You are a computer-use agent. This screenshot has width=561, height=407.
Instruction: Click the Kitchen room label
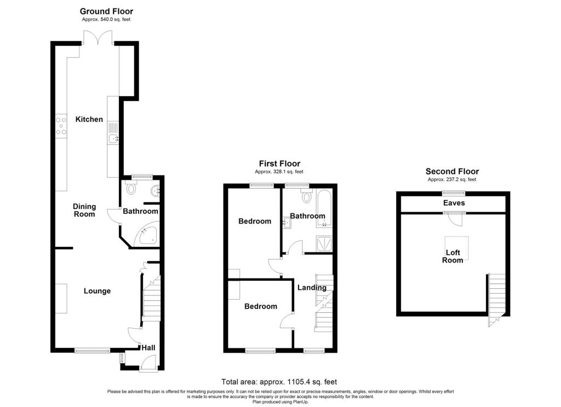coord(89,119)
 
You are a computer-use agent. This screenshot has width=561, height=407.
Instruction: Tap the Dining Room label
coord(84,210)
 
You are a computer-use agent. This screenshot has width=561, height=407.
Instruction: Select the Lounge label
coord(97,291)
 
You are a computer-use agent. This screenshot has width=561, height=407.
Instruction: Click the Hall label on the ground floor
coord(148,348)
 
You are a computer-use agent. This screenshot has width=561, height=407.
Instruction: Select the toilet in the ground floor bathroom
coord(131,188)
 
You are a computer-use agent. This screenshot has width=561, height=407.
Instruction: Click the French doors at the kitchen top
coord(98,38)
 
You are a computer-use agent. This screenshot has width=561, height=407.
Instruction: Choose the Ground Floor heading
coord(107,11)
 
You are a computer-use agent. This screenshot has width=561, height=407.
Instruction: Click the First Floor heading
coord(280,164)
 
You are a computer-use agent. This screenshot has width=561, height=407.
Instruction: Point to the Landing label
coord(312,288)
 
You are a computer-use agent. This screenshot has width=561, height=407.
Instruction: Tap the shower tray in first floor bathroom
coord(324,243)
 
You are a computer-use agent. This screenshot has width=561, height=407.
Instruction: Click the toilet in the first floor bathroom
coord(307,196)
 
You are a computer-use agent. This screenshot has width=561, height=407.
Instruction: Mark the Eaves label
coord(454,203)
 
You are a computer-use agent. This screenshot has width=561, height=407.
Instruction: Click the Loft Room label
coord(453,256)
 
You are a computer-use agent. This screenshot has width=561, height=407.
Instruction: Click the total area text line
coord(279,382)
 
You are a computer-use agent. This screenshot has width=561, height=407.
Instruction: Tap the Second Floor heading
coord(452,172)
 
